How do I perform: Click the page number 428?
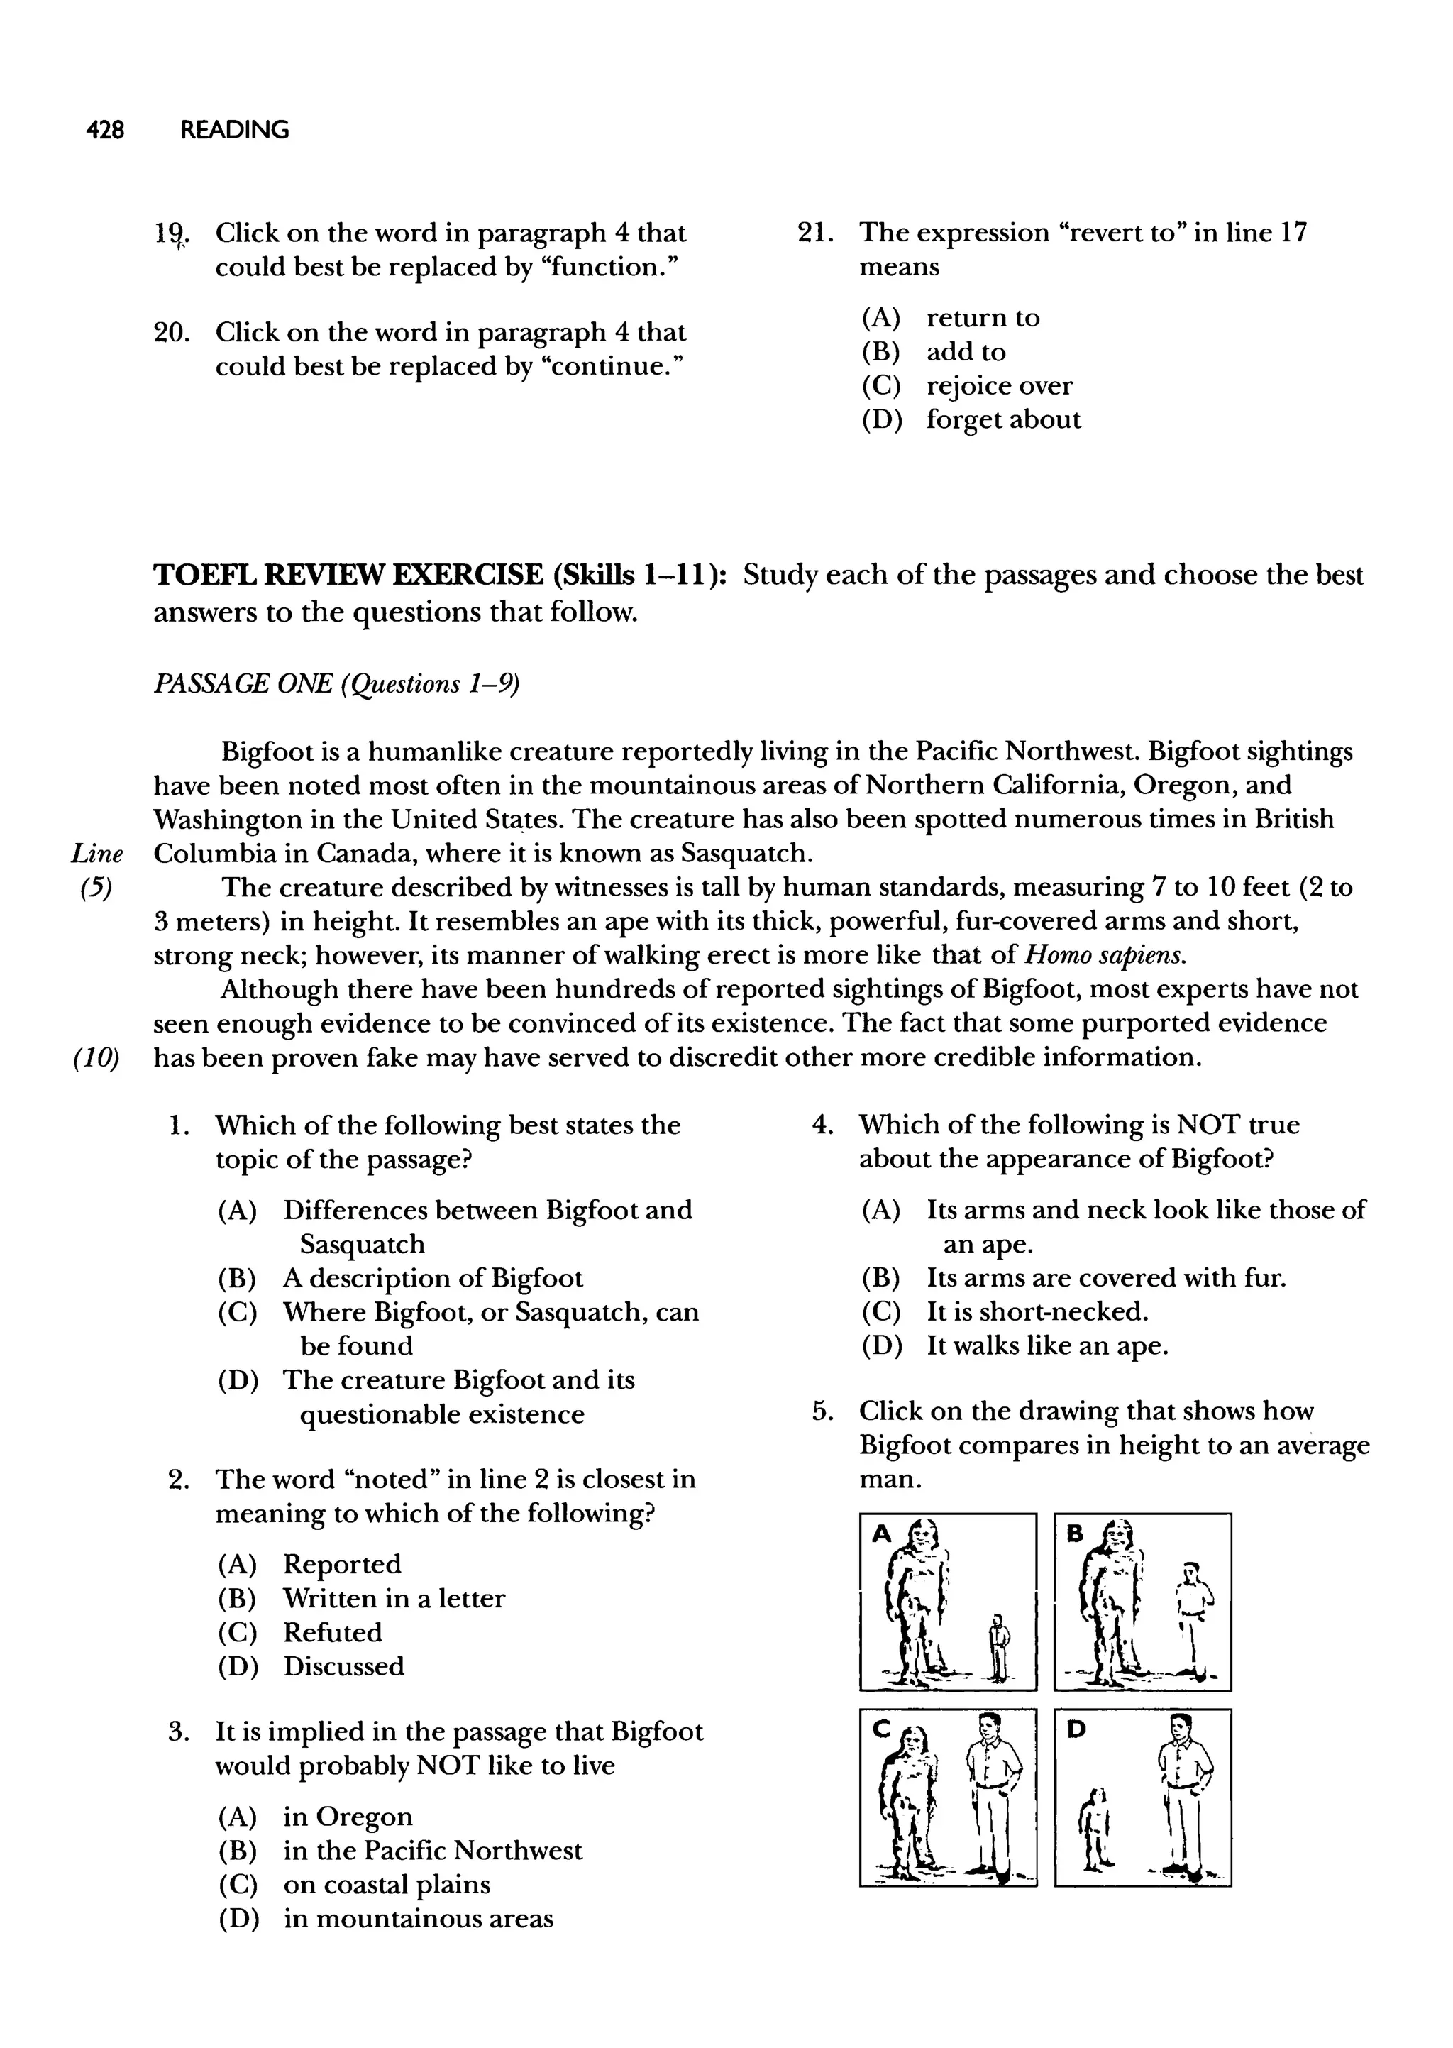[x=105, y=131]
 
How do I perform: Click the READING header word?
[x=234, y=131]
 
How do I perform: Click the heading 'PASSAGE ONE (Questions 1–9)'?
[x=336, y=685]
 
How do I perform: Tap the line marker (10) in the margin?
[x=96, y=1057]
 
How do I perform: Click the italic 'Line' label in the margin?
[x=96, y=854]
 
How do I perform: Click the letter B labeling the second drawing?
[x=1076, y=1534]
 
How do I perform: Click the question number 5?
[x=822, y=1412]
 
